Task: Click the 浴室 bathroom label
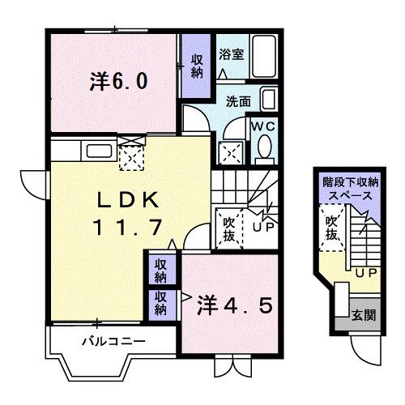point(231,54)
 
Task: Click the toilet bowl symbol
point(264,148)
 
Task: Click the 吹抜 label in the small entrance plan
point(332,228)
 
